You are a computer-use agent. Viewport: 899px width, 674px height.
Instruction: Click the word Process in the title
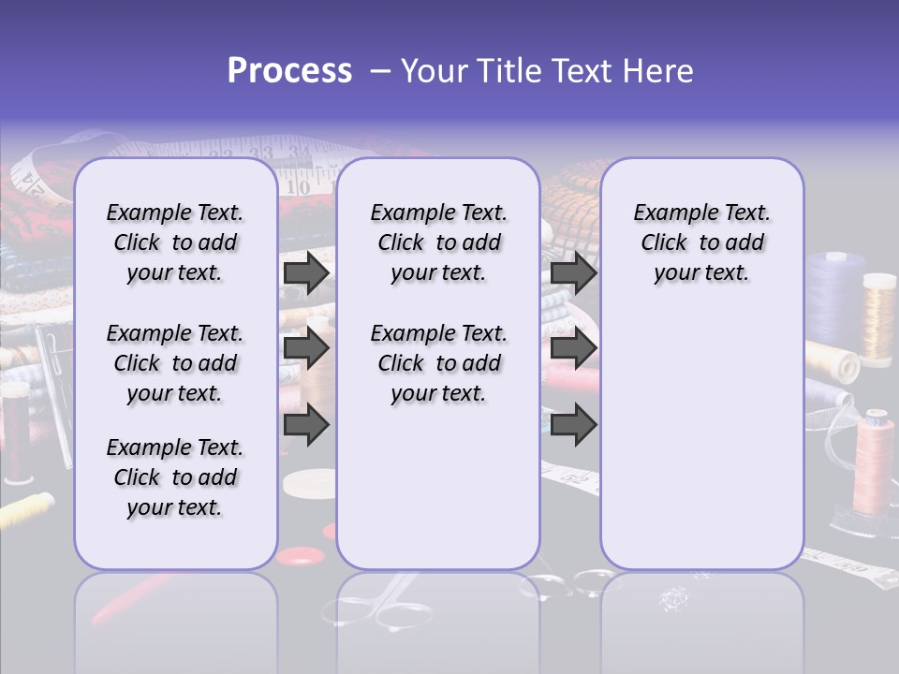289,71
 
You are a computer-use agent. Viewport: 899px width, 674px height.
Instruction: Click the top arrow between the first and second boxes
306,273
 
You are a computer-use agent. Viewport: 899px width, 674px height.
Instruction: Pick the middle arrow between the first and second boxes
306,349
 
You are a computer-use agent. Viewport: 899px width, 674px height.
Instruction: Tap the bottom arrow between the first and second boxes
306,424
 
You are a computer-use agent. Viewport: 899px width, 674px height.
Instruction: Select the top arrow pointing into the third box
573,273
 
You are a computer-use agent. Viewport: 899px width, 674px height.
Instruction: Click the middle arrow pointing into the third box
573,349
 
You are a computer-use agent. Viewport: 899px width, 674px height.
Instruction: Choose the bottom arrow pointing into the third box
573,424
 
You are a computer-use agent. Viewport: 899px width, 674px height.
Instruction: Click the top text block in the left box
175,242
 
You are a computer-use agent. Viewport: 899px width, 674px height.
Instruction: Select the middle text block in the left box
175,363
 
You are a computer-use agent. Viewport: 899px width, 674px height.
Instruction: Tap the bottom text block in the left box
175,477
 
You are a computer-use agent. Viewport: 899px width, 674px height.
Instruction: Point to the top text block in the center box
438,242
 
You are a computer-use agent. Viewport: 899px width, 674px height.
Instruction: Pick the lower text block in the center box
438,363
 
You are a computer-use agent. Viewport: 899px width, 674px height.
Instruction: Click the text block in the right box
702,242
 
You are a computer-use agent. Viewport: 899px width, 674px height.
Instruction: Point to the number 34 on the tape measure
300,153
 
